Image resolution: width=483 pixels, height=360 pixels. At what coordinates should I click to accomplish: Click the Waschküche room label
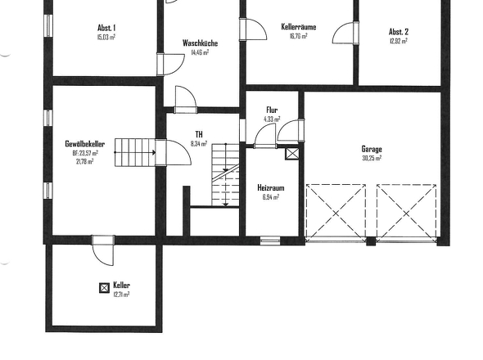[200, 43]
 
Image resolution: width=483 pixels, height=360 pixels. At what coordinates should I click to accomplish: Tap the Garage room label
[372, 149]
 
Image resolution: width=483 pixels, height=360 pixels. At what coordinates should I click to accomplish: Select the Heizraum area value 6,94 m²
[271, 197]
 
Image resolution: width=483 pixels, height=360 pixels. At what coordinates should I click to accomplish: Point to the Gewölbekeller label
[84, 144]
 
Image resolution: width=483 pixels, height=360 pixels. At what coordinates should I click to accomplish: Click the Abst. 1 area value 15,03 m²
[106, 38]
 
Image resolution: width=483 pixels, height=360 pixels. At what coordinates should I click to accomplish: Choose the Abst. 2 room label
[399, 32]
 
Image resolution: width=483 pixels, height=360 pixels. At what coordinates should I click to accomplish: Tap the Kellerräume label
[299, 27]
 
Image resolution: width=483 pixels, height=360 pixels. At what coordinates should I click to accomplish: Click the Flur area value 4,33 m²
[272, 119]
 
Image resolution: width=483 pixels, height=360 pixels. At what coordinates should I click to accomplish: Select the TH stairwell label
[199, 134]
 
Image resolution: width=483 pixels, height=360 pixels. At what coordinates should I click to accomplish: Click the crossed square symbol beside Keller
[105, 288]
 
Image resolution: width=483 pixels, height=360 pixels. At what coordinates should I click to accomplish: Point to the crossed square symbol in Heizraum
[292, 154]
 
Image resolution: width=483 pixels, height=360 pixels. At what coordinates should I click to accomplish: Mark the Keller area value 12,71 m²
[121, 295]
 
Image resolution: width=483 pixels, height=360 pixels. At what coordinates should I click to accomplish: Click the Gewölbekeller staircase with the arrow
[135, 152]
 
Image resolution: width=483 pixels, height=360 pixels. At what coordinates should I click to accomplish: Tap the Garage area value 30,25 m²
[372, 158]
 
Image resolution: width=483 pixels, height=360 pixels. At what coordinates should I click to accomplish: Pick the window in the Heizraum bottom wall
[270, 241]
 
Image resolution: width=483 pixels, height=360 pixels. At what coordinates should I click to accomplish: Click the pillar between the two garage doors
[371, 241]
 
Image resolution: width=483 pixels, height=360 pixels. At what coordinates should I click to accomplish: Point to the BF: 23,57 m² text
[85, 153]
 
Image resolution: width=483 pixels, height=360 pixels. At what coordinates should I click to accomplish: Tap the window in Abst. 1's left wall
[48, 25]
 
